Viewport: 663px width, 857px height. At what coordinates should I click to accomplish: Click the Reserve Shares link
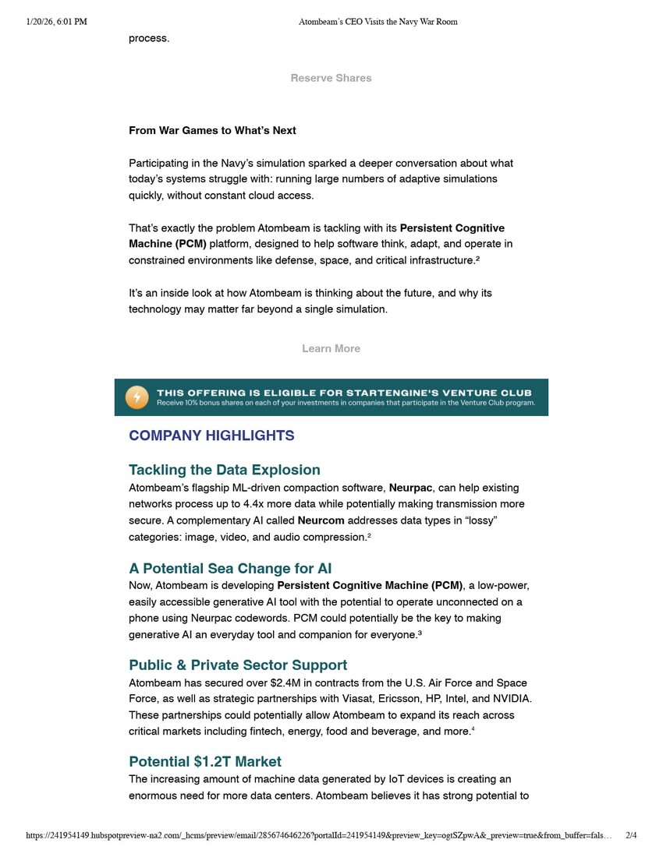(x=331, y=78)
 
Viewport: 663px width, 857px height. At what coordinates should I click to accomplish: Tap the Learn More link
(x=331, y=348)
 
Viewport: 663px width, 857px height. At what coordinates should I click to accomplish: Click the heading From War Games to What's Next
(x=212, y=131)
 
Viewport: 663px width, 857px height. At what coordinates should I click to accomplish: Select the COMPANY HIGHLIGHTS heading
(x=211, y=436)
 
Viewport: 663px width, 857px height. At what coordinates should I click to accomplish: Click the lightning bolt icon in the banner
(x=136, y=397)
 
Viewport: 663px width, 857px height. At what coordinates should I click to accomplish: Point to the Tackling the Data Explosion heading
(x=225, y=470)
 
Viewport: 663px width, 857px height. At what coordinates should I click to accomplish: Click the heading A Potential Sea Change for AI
(x=230, y=569)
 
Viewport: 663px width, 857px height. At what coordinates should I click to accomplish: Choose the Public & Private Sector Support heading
(x=238, y=665)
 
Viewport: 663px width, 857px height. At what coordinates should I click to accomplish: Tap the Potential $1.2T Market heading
(x=205, y=761)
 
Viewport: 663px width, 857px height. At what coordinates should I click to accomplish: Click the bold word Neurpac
(x=410, y=488)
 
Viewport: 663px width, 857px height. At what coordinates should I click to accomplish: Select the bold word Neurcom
(x=321, y=520)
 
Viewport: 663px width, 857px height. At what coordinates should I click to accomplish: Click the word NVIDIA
(x=509, y=699)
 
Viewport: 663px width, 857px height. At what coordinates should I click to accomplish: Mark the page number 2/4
(x=631, y=836)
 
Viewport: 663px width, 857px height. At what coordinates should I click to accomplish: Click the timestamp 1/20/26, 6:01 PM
(x=56, y=22)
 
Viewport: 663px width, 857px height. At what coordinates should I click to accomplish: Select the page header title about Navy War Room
(x=378, y=22)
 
